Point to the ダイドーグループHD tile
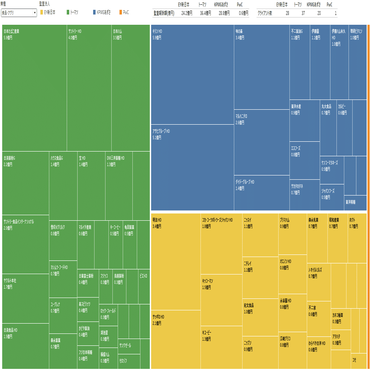coord(261,193)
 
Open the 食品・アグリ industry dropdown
coord(19,13)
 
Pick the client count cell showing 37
coord(303,13)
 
